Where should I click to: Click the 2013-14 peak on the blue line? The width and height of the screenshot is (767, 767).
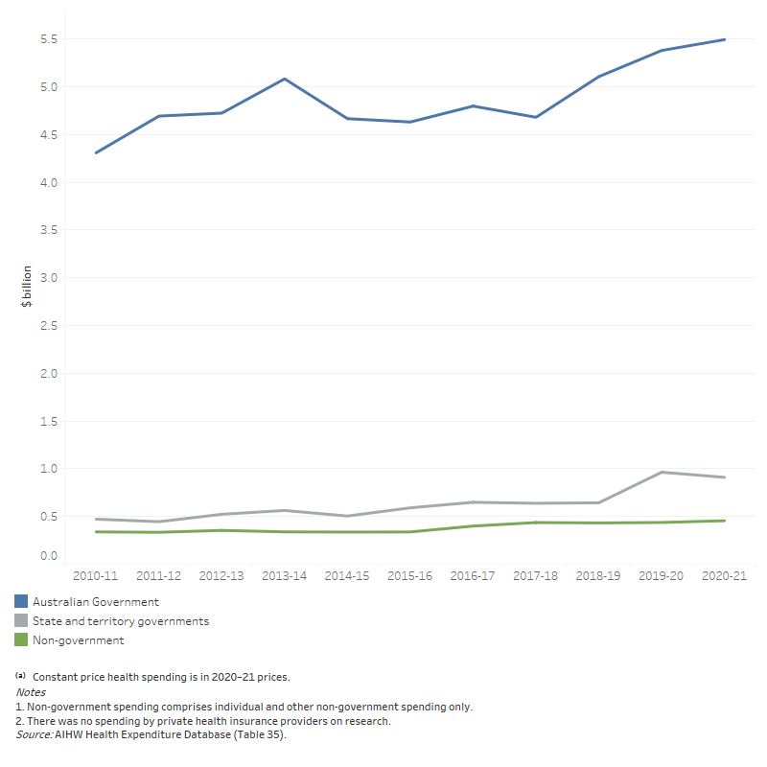pyautogui.click(x=285, y=79)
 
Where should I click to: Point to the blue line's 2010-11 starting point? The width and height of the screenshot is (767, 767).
pyautogui.click(x=97, y=152)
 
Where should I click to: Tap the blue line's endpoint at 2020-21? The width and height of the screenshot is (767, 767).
pyautogui.click(x=724, y=39)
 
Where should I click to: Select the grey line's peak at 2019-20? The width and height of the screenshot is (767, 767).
pyautogui.click(x=662, y=472)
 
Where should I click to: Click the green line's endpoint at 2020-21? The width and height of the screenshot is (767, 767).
pyautogui.click(x=724, y=521)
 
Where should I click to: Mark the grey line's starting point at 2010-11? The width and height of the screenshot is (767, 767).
pyautogui.click(x=97, y=519)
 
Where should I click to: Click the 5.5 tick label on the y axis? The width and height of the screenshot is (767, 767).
pyautogui.click(x=48, y=39)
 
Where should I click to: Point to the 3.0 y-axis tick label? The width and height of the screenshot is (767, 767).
pyautogui.click(x=48, y=278)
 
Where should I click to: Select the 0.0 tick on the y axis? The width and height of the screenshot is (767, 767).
pyautogui.click(x=48, y=555)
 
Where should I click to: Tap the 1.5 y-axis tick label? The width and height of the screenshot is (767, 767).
pyautogui.click(x=48, y=421)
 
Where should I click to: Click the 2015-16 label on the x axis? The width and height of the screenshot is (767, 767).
pyautogui.click(x=410, y=577)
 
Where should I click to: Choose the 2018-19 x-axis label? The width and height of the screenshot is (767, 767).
pyautogui.click(x=598, y=577)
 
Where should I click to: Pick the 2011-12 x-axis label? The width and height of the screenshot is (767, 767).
pyautogui.click(x=159, y=577)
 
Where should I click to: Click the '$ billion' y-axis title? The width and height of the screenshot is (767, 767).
pyautogui.click(x=27, y=286)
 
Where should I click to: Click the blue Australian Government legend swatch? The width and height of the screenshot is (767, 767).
pyautogui.click(x=21, y=601)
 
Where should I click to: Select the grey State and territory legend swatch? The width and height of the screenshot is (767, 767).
pyautogui.click(x=21, y=620)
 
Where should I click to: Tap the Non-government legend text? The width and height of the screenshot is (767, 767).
pyautogui.click(x=79, y=640)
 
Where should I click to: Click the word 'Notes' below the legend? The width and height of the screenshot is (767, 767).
pyautogui.click(x=31, y=691)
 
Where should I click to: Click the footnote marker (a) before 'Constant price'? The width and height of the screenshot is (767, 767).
pyautogui.click(x=20, y=676)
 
